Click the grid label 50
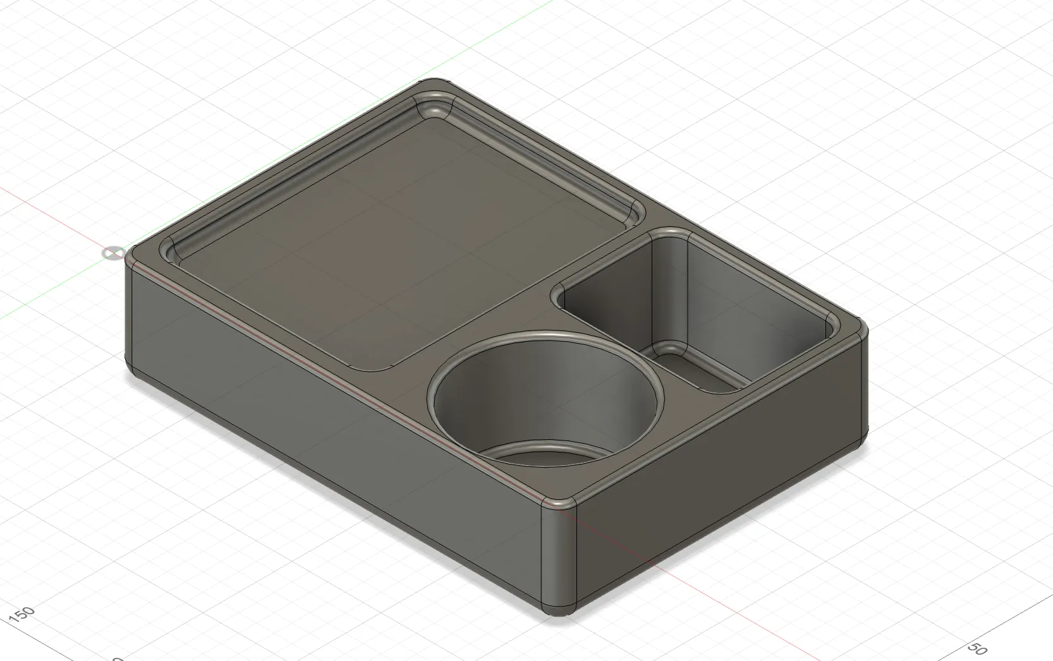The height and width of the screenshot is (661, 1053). [x=977, y=650]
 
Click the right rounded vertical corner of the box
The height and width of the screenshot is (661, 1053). [x=863, y=385]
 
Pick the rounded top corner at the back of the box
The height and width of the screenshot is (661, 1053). [x=435, y=83]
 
